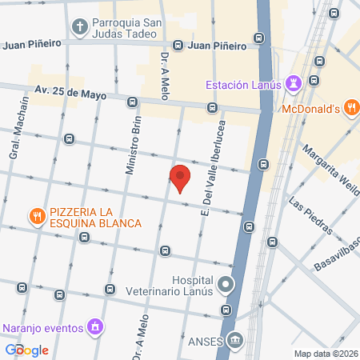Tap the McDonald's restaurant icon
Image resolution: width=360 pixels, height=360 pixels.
350,108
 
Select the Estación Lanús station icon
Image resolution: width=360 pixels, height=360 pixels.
294,83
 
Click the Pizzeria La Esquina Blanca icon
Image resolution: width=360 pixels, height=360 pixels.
37,216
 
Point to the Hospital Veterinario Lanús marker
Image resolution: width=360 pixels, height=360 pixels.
226,284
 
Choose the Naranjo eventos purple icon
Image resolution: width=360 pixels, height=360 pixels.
95,326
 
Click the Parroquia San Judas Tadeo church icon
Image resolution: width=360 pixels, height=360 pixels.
80,28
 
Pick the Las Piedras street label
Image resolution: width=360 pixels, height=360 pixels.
310,217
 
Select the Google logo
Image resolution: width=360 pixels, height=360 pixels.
27,350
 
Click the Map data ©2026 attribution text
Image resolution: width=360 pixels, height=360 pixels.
326,354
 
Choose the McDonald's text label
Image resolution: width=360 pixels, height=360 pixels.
310,109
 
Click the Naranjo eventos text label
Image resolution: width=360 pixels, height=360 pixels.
42,327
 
